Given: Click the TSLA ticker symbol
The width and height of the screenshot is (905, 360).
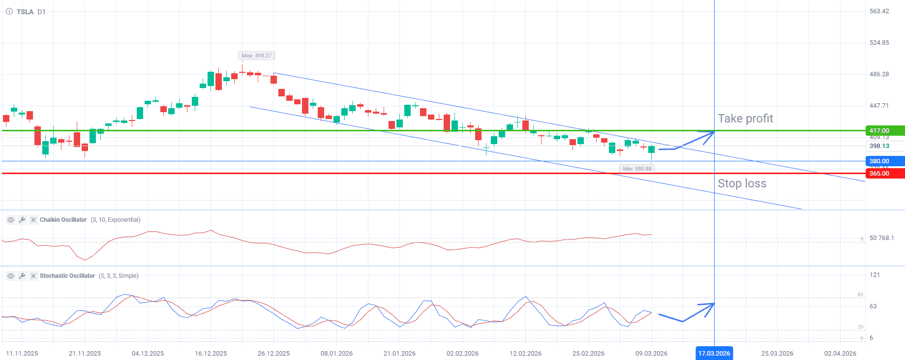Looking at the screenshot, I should tap(25, 12).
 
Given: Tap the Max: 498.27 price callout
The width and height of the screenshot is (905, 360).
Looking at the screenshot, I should tap(256, 56).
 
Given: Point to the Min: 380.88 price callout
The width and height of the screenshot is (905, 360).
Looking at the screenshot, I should tap(636, 169).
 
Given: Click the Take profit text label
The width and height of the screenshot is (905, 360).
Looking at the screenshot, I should tap(745, 119).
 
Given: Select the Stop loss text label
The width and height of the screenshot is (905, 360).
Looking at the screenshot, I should tap(742, 183).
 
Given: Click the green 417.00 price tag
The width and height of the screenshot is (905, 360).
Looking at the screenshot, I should tap(884, 131).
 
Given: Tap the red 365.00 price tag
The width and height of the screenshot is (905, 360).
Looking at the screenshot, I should tap(884, 174).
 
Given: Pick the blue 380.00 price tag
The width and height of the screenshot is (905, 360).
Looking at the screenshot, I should tap(884, 161).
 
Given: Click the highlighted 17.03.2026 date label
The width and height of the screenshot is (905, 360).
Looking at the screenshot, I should tap(714, 353).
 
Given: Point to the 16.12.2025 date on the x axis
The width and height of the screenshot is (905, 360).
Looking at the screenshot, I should tap(211, 353).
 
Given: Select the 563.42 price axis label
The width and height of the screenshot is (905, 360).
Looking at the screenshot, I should tap(879, 11).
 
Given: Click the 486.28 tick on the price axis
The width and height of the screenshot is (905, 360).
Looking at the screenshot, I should tap(879, 74).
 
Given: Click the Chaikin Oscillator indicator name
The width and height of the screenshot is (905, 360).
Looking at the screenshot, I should tap(63, 220).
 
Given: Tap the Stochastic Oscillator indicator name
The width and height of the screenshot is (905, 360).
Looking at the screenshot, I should tap(67, 276).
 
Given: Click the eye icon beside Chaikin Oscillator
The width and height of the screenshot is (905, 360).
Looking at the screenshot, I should tap(11, 220).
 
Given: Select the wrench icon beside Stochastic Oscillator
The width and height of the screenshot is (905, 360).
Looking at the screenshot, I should tap(22, 276).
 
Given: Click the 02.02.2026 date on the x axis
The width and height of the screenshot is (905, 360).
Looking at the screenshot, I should tap(462, 353).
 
